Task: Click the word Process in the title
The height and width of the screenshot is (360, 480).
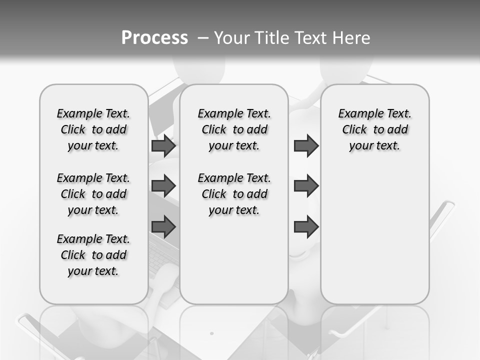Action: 154,38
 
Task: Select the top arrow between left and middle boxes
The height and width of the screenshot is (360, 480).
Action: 163,145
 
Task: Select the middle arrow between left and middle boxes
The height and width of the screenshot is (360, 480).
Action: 163,186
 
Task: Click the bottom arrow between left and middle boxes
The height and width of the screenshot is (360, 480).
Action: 163,226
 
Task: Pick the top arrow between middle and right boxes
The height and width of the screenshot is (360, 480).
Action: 306,145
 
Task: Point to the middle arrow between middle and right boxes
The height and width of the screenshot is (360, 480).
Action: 306,186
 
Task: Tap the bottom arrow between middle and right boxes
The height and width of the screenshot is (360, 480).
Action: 306,226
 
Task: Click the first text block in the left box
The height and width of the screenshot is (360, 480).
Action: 93,129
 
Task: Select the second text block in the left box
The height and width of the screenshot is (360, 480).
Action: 93,194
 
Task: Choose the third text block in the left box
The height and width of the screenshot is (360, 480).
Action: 93,255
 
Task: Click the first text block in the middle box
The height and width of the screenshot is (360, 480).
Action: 234,129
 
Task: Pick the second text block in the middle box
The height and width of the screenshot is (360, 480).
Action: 234,194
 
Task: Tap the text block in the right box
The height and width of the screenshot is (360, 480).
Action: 375,129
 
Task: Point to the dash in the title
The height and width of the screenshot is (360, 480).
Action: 202,38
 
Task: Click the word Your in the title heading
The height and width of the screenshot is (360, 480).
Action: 232,38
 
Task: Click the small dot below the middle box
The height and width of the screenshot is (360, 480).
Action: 211,333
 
